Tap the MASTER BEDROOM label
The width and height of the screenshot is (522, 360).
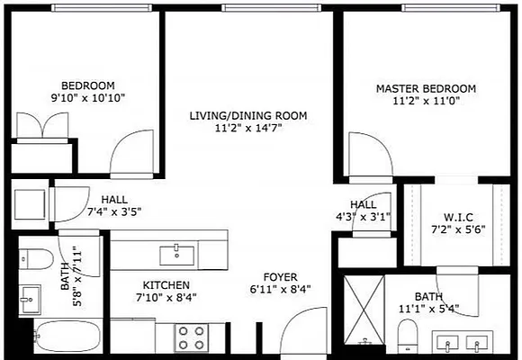tap(425, 89)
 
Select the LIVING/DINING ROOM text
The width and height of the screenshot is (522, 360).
tap(248, 116)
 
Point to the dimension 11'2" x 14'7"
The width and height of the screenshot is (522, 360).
tap(248, 129)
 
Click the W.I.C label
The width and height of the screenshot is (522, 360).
tap(458, 217)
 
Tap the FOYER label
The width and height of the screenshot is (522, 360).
tap(280, 276)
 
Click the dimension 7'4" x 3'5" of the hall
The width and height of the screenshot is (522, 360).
tap(113, 212)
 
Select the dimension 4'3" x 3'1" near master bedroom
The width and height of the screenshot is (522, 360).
tap(363, 217)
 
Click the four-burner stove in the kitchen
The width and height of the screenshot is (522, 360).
tap(189, 337)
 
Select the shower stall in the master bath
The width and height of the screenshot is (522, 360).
tap(363, 310)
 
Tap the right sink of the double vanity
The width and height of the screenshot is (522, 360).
tap(477, 342)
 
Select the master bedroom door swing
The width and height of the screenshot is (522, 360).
tap(370, 161)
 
